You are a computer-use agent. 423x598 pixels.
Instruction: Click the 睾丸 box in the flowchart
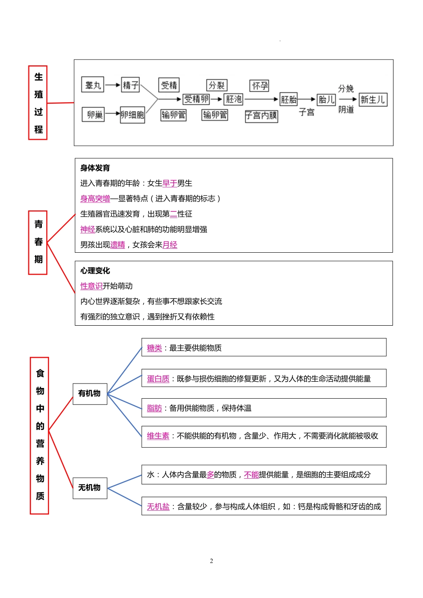tap(93, 85)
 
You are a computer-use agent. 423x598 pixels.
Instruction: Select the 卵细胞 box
tap(132, 115)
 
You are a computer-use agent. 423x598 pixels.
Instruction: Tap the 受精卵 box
tap(196, 99)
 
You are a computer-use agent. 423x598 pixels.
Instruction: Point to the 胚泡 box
tap(233, 99)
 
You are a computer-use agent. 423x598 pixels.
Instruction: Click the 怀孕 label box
tap(260, 85)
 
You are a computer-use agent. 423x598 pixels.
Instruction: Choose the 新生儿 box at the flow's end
tap(373, 99)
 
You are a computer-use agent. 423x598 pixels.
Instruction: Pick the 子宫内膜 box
tap(261, 116)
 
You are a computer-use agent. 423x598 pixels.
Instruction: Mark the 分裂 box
tap(217, 85)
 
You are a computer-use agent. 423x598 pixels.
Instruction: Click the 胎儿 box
tap(326, 99)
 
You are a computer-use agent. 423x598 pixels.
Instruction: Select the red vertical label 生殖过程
tap(38, 103)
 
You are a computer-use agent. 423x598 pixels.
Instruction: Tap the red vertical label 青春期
tap(38, 242)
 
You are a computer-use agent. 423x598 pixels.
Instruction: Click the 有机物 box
tap(89, 393)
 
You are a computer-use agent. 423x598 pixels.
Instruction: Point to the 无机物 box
tap(89, 488)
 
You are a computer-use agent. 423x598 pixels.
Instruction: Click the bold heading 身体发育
tap(95, 168)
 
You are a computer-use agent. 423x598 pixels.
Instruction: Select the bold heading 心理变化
tap(95, 271)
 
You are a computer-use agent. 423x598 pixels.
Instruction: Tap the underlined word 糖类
tap(154, 348)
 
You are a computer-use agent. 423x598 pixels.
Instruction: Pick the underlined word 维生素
tap(158, 436)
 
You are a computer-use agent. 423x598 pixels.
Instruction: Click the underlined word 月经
tap(170, 245)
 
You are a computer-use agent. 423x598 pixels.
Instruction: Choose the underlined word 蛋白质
tap(158, 379)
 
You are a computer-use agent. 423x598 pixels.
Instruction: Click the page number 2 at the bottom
tap(211, 561)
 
